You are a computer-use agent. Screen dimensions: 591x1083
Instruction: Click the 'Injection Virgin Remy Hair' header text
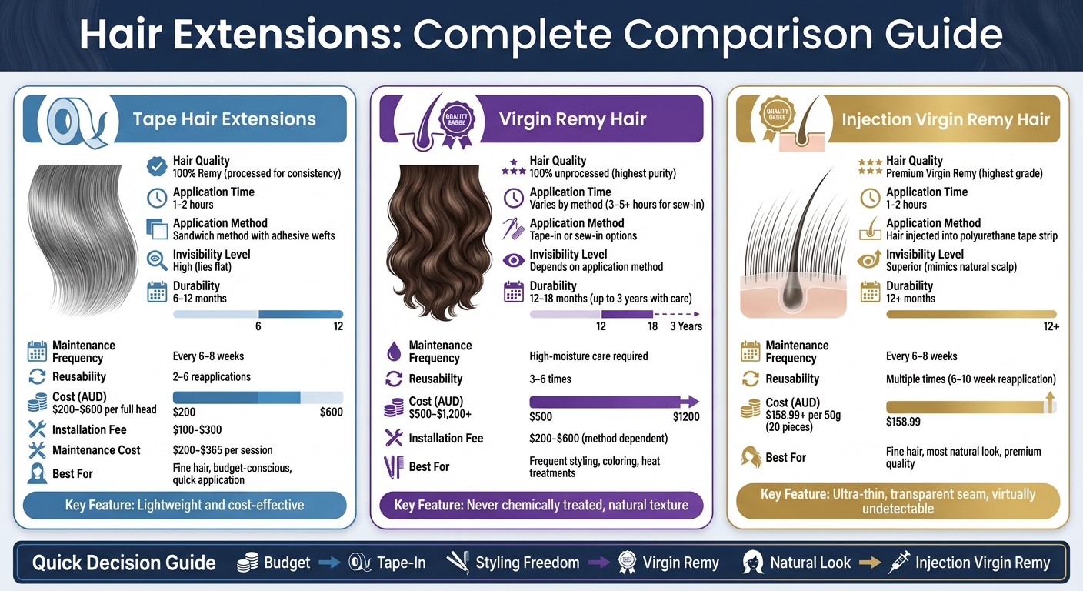(945, 119)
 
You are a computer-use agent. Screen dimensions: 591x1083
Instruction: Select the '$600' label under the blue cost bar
(331, 412)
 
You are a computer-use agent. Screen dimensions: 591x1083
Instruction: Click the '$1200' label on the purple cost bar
(687, 417)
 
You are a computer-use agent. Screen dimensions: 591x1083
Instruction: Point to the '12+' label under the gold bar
(1051, 327)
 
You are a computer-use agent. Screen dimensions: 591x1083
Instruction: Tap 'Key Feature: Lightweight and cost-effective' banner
(185, 506)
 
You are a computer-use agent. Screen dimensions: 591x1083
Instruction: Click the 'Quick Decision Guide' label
(124, 563)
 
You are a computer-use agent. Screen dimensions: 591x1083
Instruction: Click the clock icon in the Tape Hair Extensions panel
(157, 198)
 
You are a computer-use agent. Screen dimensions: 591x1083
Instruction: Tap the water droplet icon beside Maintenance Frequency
(394, 352)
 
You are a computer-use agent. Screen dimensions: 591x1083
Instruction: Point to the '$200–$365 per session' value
(222, 450)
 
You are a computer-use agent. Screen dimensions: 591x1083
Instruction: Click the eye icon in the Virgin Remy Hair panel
(513, 261)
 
